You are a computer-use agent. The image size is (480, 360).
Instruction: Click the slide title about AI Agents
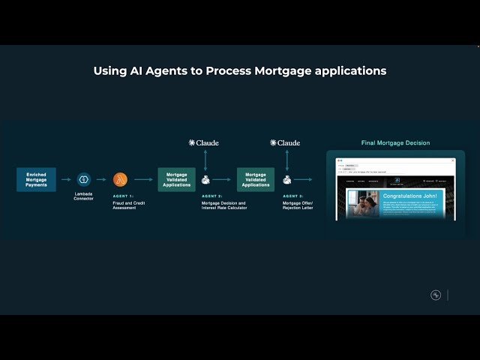240,71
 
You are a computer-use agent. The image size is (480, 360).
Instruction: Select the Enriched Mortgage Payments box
36,180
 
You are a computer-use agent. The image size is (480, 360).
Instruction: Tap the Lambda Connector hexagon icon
83,179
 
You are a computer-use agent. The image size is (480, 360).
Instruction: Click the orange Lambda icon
120,179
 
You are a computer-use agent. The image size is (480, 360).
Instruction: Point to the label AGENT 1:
123,196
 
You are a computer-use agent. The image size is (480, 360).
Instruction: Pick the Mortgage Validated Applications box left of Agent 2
176,180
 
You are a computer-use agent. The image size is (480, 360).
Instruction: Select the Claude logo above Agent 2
203,142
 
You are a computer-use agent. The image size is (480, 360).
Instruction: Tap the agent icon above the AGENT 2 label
204,180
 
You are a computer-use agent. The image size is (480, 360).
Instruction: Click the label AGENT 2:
211,196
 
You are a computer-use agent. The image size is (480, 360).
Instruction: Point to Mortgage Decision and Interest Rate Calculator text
223,205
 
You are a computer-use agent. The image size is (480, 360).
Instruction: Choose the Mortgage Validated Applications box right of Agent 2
256,180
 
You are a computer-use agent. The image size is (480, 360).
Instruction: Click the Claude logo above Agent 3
285,142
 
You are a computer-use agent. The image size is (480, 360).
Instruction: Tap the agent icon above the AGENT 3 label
286,180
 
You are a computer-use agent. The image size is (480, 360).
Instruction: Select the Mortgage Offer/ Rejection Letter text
298,205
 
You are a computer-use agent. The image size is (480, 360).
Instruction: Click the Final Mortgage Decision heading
395,142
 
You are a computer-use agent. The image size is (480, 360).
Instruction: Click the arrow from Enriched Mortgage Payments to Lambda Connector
66,179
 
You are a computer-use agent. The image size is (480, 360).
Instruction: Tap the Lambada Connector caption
83,196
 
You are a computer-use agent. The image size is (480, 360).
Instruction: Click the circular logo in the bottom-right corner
436,295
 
